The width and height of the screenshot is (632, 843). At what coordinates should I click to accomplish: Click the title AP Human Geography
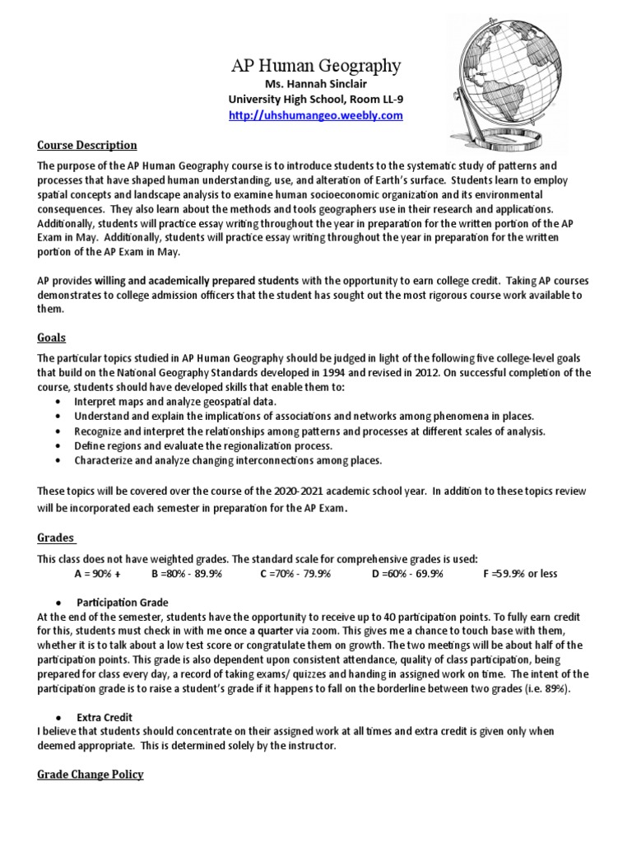(315, 65)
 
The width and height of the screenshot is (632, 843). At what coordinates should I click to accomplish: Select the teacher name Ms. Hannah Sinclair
(315, 85)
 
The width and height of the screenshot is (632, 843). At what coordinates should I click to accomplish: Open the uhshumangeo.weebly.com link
(315, 115)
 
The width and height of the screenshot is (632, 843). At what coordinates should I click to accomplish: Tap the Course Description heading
(87, 145)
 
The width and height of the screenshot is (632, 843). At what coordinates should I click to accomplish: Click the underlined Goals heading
(52, 338)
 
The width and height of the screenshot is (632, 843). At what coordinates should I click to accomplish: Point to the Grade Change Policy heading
(91, 774)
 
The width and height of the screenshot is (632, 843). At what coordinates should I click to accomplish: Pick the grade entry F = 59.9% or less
(519, 573)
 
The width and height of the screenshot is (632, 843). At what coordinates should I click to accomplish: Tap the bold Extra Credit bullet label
(105, 717)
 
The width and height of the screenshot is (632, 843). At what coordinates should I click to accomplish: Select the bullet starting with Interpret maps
(174, 401)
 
